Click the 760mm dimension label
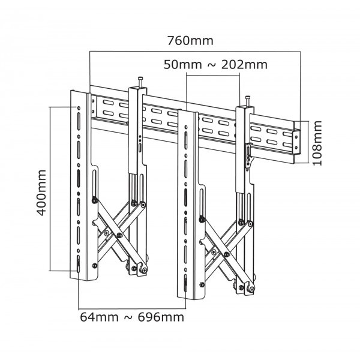tap(190, 41)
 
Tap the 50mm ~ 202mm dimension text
tap(215, 65)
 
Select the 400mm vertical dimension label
tap(41, 193)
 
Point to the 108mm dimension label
tap(317, 143)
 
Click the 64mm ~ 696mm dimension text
tap(132, 317)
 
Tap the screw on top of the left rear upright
tap(140, 82)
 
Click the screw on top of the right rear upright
tap(248, 101)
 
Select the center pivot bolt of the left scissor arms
tap(119, 235)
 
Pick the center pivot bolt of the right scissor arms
tap(227, 254)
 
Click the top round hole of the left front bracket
tap(79, 108)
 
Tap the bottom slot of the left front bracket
tap(79, 264)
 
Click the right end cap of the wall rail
tap(296, 141)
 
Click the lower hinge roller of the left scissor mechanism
tap(144, 270)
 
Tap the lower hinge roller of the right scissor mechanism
tap(251, 289)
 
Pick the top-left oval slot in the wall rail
tap(108, 103)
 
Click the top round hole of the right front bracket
tap(186, 127)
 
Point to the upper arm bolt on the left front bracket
tap(95, 200)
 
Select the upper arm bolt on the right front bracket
tap(202, 220)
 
